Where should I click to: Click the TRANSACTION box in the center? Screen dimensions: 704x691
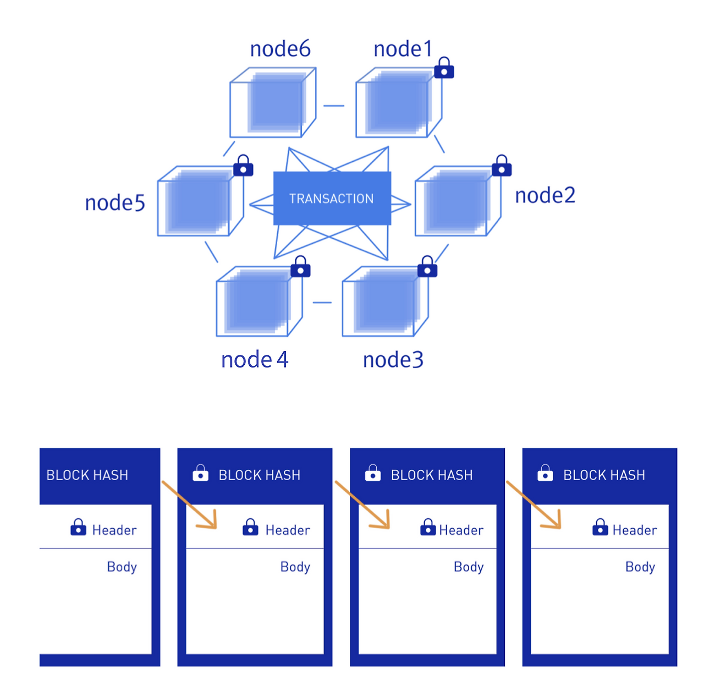[332, 198]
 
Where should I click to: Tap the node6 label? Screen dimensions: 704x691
[280, 48]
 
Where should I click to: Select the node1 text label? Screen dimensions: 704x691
[403, 48]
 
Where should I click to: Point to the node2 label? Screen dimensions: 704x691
[544, 195]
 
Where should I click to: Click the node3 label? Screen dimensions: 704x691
[393, 359]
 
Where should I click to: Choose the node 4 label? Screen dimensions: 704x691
[255, 359]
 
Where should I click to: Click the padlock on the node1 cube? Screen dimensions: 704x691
[443, 68]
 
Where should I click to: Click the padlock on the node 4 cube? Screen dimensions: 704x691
[300, 266]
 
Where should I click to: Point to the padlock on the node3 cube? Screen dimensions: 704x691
[427, 266]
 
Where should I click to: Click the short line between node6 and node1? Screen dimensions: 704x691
[333, 106]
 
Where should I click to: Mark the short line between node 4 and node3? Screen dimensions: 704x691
[322, 303]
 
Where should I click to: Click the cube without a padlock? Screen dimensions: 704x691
[273, 102]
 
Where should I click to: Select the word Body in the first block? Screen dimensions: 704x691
[122, 567]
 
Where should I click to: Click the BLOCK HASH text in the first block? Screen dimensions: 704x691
[87, 475]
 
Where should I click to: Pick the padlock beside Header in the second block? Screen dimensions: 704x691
[250, 527]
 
